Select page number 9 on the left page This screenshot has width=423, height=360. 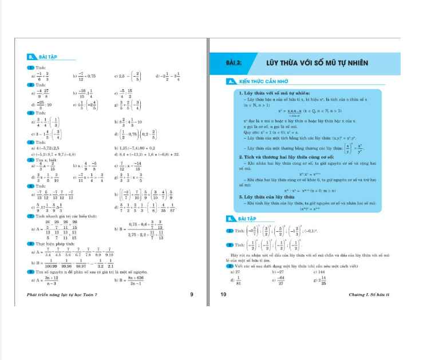(x=191, y=295)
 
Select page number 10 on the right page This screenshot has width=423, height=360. (x=224, y=295)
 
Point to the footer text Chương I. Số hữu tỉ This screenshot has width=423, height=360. (x=369, y=295)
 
